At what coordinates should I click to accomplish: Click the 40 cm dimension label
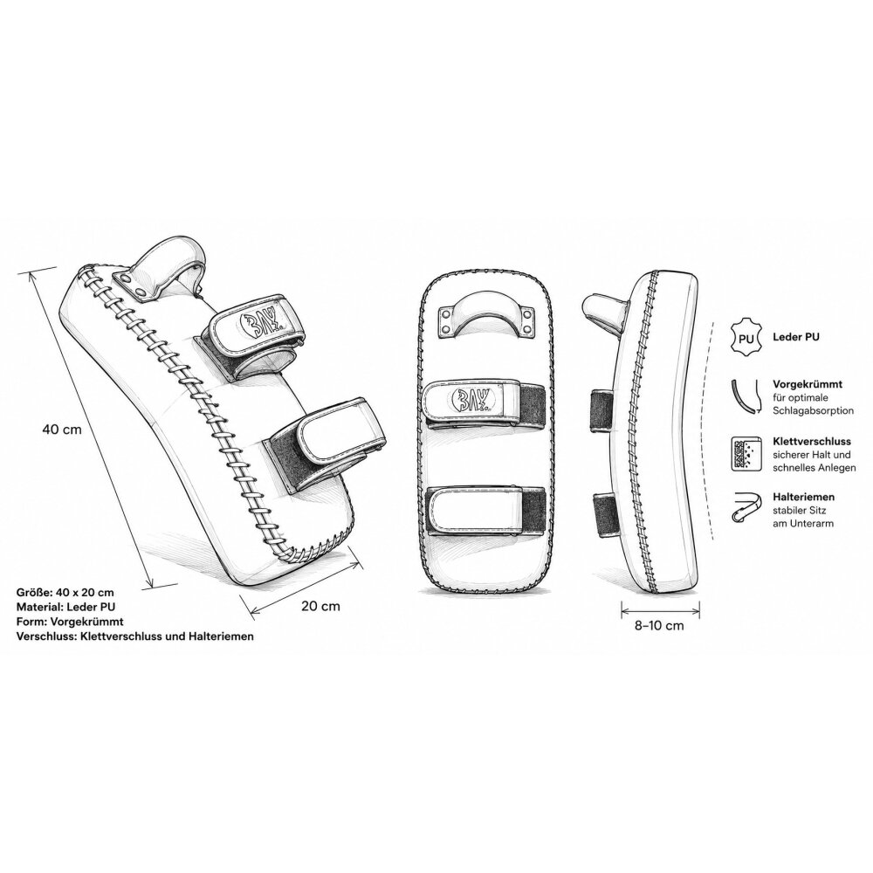tap(62, 430)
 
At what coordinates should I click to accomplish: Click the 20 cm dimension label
tap(320, 606)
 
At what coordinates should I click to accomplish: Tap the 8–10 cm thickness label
tap(659, 625)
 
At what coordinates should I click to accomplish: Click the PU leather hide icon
tap(746, 337)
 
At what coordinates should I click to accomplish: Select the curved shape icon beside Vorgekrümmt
tap(746, 397)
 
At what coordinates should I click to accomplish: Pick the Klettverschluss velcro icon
tap(746, 454)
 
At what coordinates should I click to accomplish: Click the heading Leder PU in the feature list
tap(796, 337)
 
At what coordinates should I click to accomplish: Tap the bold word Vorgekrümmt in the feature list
tap(808, 384)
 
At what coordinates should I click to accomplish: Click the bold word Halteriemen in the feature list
tap(803, 497)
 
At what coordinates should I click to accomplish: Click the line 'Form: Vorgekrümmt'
tap(70, 622)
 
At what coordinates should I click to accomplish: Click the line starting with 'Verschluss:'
tap(135, 636)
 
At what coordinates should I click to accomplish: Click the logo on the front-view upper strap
tap(466, 401)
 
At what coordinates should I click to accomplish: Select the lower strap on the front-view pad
tap(485, 511)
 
